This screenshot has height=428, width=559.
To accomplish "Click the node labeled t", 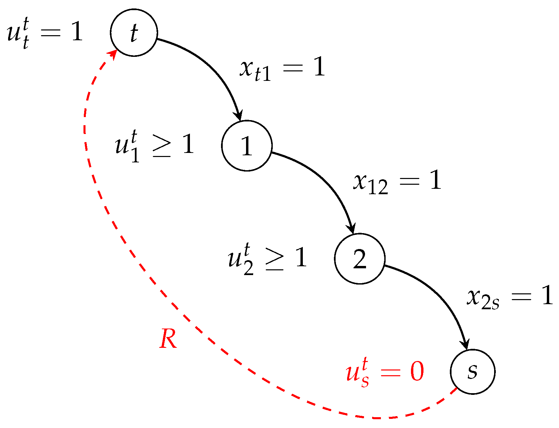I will point(134,32).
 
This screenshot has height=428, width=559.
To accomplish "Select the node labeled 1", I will point(247,145).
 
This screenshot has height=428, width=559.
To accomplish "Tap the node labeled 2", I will point(360,258).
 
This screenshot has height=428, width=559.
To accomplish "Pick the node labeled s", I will point(472,371).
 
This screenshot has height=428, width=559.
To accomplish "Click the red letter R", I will point(168,339).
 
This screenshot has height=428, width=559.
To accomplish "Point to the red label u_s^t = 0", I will point(385,373).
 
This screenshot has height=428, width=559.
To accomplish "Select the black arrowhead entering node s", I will point(465,344).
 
